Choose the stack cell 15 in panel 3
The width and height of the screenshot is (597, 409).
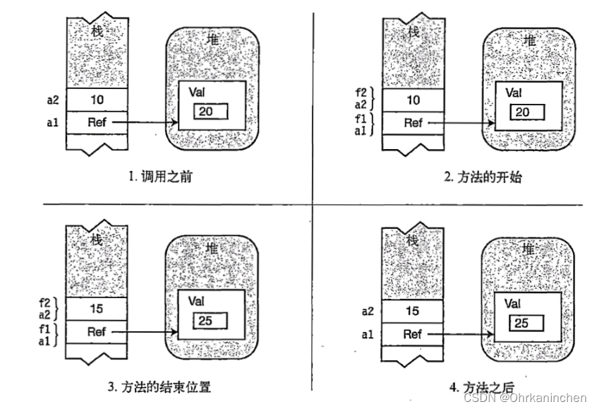(97, 309)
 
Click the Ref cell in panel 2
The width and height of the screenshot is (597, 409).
(414, 123)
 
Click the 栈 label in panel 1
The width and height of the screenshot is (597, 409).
(97, 30)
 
